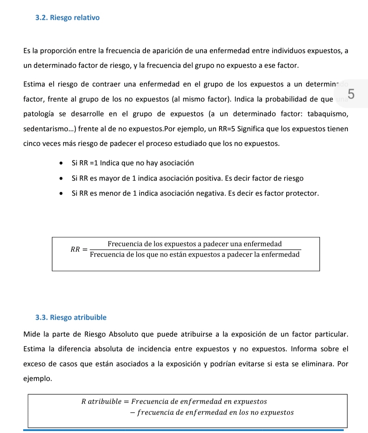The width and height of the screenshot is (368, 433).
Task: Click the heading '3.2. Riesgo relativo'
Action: click(67, 18)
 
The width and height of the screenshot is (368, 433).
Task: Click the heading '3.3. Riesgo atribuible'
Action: click(71, 317)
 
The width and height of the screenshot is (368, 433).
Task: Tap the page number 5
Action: click(351, 93)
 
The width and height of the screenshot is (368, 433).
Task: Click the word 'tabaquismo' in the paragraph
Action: click(327, 114)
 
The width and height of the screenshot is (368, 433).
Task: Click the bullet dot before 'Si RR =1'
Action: click(61, 163)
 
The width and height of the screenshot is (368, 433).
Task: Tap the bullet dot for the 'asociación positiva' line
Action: click(61, 178)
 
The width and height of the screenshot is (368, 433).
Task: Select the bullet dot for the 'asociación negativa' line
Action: click(61, 193)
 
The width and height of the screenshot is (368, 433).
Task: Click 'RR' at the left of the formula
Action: click(75, 249)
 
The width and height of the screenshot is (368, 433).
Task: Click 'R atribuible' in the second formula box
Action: click(101, 402)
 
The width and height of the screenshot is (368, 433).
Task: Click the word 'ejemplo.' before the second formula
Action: click(37, 379)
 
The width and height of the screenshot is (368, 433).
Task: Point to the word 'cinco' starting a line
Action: click(32, 144)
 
